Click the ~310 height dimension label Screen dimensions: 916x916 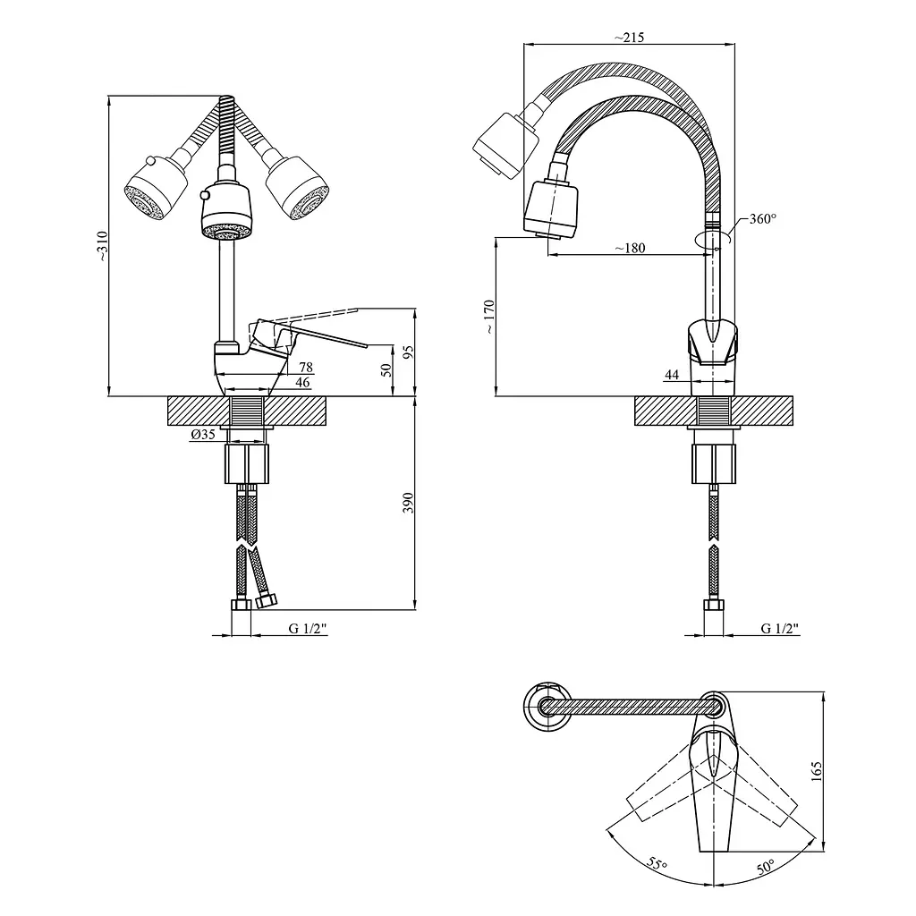[102, 246]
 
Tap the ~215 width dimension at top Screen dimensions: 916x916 [629, 38]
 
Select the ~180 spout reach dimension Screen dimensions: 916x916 [631, 248]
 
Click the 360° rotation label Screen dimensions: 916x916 [763, 219]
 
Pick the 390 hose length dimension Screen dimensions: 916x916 [408, 503]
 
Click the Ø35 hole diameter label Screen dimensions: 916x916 [203, 434]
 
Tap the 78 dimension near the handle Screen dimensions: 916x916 [306, 367]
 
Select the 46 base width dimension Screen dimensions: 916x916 [302, 383]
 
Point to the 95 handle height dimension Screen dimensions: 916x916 [408, 352]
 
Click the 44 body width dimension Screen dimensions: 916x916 [672, 375]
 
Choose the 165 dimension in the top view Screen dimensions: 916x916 [817, 771]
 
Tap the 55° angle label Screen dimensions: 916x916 [657, 863]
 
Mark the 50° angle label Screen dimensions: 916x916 [766, 866]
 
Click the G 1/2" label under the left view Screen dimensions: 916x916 [308, 629]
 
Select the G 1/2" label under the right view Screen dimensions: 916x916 [780, 629]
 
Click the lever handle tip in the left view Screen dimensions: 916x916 [366, 346]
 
